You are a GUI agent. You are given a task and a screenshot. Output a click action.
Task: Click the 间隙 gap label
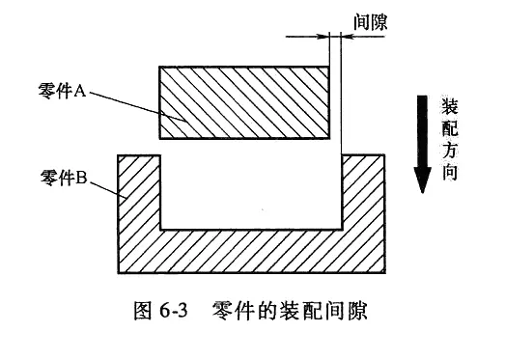[371, 22]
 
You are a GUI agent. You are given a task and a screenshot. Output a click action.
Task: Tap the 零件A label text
[62, 91]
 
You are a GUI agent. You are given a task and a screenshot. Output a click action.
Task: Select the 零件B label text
[64, 177]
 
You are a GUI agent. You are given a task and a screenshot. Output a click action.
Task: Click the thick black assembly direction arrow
[422, 144]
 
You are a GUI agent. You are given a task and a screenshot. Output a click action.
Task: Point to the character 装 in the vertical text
[450, 106]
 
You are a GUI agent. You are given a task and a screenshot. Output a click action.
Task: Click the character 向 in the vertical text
[450, 172]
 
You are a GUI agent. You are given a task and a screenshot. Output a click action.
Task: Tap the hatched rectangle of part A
[244, 102]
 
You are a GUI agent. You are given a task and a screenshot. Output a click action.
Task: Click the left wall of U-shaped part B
[139, 192]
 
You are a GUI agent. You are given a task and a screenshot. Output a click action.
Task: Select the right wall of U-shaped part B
[363, 192]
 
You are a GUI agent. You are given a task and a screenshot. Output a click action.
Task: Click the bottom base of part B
[251, 251]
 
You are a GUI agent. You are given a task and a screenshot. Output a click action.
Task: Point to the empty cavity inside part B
[251, 192]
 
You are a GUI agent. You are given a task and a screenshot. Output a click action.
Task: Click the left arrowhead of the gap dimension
[323, 36]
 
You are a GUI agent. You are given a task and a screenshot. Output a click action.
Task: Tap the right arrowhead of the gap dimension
[348, 36]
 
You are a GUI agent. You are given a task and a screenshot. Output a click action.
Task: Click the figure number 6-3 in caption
[173, 311]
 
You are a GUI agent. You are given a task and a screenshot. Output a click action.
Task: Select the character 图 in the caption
[142, 311]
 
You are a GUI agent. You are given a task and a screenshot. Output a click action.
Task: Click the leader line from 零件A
[137, 107]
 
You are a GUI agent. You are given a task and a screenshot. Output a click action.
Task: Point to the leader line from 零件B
[108, 190]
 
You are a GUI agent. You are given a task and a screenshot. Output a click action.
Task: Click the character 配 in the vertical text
[450, 128]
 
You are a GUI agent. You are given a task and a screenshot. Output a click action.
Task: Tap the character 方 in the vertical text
[450, 150]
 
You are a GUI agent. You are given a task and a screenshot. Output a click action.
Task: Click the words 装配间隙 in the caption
[323, 311]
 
